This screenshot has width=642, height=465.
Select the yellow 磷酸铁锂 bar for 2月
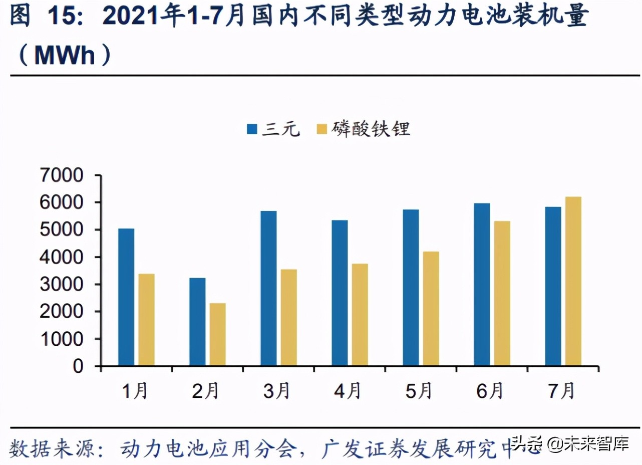(217, 334)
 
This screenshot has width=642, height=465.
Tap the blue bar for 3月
(268, 289)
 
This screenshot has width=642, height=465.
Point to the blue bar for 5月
(411, 288)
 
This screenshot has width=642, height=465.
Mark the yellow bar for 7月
(573, 281)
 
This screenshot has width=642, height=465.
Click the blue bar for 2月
(197, 322)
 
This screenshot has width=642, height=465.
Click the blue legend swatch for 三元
(252, 129)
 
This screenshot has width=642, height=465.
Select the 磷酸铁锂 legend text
(370, 129)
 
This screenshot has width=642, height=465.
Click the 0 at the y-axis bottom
(78, 366)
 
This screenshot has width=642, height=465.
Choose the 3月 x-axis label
(276, 391)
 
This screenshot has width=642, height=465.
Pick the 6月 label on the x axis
(489, 391)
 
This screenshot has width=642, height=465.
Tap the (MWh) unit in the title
(63, 55)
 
